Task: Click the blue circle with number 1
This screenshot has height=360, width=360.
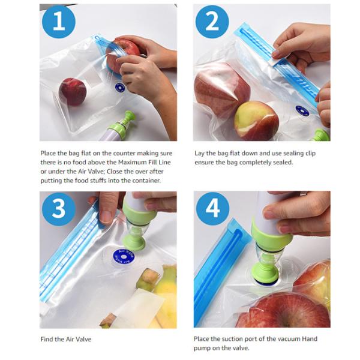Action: tap(58, 22)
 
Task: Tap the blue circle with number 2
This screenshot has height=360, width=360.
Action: tap(212, 22)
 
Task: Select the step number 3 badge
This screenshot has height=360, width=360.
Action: tap(58, 209)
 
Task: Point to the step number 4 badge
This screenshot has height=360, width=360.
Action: tap(212, 209)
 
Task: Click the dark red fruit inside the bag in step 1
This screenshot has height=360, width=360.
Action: tap(73, 92)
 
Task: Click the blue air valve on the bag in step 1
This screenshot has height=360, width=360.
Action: tap(120, 88)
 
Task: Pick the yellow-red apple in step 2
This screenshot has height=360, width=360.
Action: tap(256, 120)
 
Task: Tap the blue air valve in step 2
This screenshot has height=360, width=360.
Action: tap(302, 110)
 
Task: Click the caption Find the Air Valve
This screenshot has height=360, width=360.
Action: tap(66, 339)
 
